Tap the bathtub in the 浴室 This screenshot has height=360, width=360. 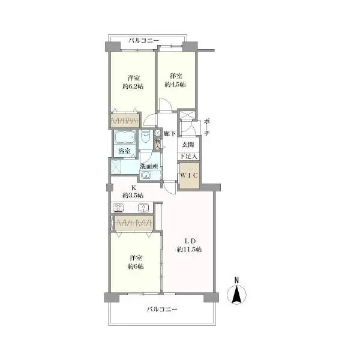[125, 137]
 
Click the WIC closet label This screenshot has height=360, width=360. [189, 175]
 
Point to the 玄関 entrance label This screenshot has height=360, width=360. [188, 145]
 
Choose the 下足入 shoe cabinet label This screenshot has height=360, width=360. [188, 157]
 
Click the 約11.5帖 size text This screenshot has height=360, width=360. [190, 250]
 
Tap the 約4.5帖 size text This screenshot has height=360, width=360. [175, 84]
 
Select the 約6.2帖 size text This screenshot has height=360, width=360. [133, 86]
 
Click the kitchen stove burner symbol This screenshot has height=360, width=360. [118, 208]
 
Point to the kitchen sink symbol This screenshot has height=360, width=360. [143, 208]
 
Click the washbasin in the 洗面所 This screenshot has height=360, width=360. [146, 175]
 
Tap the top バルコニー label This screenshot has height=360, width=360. [144, 41]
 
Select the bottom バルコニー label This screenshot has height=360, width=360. [162, 309]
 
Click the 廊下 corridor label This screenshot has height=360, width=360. [170, 134]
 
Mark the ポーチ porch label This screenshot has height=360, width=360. [206, 127]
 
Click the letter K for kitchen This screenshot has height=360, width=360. [133, 188]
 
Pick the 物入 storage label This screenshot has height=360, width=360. [157, 144]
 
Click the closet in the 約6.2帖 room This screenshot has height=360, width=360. [125, 120]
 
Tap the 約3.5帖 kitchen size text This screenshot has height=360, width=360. [133, 196]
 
